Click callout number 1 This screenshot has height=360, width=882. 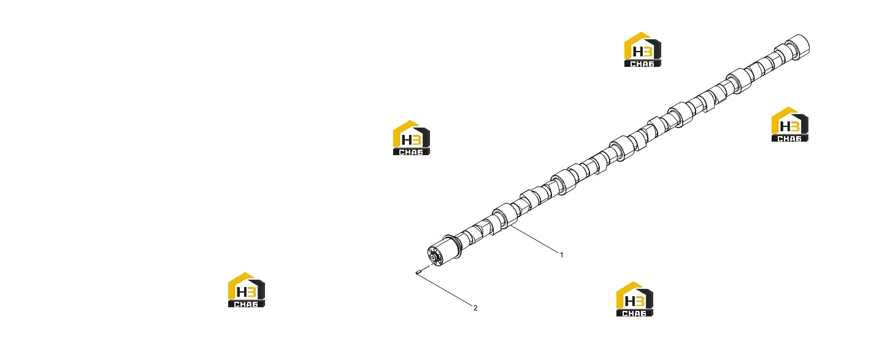(x=561, y=255)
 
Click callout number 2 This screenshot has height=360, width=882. (x=475, y=308)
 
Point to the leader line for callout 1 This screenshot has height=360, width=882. (x=534, y=239)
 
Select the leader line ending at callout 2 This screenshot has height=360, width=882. (x=445, y=289)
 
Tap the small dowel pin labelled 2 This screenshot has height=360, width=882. (x=418, y=271)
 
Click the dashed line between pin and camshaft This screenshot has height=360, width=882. (x=427, y=267)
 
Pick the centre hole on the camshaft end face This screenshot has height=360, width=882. (x=434, y=258)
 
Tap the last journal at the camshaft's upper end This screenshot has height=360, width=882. (x=798, y=47)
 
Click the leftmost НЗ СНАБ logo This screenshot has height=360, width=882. (x=247, y=290)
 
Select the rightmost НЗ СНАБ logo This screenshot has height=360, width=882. (x=790, y=124)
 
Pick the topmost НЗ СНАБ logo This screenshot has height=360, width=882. (x=643, y=49)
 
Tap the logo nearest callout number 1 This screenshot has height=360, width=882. (x=634, y=299)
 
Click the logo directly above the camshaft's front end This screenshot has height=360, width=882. (x=412, y=137)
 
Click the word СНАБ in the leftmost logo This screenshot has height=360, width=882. (x=246, y=304)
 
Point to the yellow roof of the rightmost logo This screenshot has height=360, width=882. (x=784, y=114)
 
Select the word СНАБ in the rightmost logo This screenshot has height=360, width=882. (x=789, y=139)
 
